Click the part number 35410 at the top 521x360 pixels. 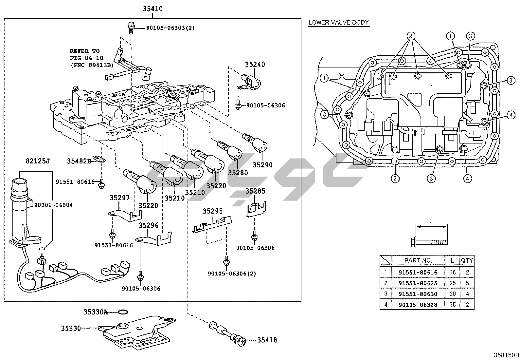pos(153,9)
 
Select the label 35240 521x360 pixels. pos(255,65)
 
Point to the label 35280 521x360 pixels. pos(238,172)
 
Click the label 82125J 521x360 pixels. pos(38,161)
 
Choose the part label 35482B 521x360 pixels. pos(79,161)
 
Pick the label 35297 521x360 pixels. pos(119,198)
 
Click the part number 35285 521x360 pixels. pos(255,191)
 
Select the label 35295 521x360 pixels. pos(212,211)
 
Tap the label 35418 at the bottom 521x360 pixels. pos(267,340)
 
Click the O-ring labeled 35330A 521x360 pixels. pos(123,312)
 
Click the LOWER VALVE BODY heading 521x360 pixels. pos(339,23)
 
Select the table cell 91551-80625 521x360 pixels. pos(418,283)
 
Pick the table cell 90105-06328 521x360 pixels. pos(418,305)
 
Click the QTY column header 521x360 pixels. pos(467,260)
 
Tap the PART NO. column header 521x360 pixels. pos(418,260)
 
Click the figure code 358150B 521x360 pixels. pos(507,355)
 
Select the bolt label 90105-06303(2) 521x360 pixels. pos(165,28)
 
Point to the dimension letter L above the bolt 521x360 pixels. pos(431,221)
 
